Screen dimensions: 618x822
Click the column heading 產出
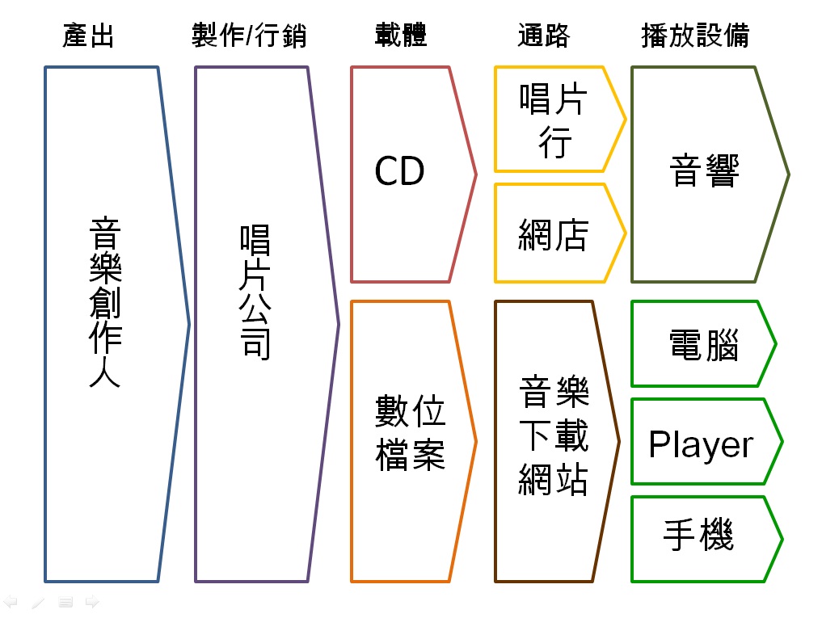89,36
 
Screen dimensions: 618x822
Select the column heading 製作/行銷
249,36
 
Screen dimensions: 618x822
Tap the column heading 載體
401,36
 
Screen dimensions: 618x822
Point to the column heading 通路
543,36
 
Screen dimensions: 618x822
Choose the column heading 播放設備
695,36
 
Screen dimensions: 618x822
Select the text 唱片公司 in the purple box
255,292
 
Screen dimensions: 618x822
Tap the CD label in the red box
399,171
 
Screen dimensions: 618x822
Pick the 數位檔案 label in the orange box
411,433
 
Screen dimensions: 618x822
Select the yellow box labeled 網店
554,233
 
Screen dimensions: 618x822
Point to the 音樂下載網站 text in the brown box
554,437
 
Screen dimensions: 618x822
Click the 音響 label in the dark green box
705,171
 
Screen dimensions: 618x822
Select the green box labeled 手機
698,536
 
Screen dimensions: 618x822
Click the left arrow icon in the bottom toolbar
11,602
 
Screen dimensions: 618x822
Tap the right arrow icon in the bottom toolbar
91,602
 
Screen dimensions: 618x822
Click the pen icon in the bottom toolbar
38,602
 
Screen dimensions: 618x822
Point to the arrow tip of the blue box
189,325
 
